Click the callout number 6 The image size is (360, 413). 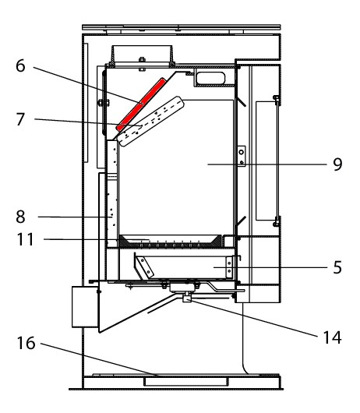click(20, 66)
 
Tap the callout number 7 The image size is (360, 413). click(20, 119)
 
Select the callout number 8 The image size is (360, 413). click(20, 217)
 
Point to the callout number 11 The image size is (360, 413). click(26, 239)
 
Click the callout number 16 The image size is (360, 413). click(26, 343)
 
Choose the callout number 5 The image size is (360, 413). click(337, 267)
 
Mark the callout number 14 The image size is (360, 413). click(333, 337)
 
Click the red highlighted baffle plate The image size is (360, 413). click(141, 104)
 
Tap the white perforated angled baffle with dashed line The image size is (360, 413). click(151, 122)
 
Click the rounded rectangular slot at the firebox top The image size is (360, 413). click(211, 78)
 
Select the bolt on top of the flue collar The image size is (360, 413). click(142, 59)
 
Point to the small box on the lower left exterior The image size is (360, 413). click(85, 307)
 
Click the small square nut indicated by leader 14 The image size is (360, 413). click(187, 298)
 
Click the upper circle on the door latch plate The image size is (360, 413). click(241, 152)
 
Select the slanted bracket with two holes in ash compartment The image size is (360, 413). click(144, 267)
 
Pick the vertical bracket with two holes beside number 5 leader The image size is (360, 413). click(229, 267)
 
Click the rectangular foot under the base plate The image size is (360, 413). click(186, 382)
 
